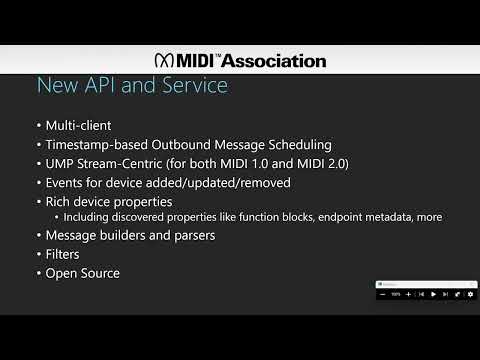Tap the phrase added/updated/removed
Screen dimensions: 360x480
pyautogui.click(x=222, y=183)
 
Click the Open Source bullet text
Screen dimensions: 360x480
pyautogui.click(x=83, y=273)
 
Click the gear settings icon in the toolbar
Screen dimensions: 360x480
pyautogui.click(x=470, y=294)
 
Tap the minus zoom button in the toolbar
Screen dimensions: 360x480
pyautogui.click(x=383, y=294)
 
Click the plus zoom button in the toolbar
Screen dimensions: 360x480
pyautogui.click(x=409, y=294)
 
